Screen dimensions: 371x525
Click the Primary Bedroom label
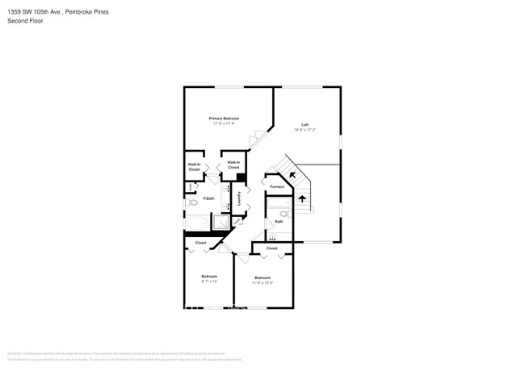click(x=226, y=119)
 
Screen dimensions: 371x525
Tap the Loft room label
click(x=304, y=124)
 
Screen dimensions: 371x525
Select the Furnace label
click(x=277, y=186)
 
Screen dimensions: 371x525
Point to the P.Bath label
click(x=208, y=198)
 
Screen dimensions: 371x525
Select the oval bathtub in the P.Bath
click(x=198, y=223)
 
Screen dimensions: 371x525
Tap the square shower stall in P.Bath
click(x=220, y=222)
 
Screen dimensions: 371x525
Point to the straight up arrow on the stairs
click(x=303, y=198)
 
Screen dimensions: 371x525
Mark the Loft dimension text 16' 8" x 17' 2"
click(x=304, y=130)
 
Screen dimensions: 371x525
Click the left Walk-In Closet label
click(x=194, y=168)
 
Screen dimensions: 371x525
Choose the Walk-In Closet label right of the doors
click(x=233, y=165)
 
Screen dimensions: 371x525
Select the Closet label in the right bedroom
click(x=271, y=248)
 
